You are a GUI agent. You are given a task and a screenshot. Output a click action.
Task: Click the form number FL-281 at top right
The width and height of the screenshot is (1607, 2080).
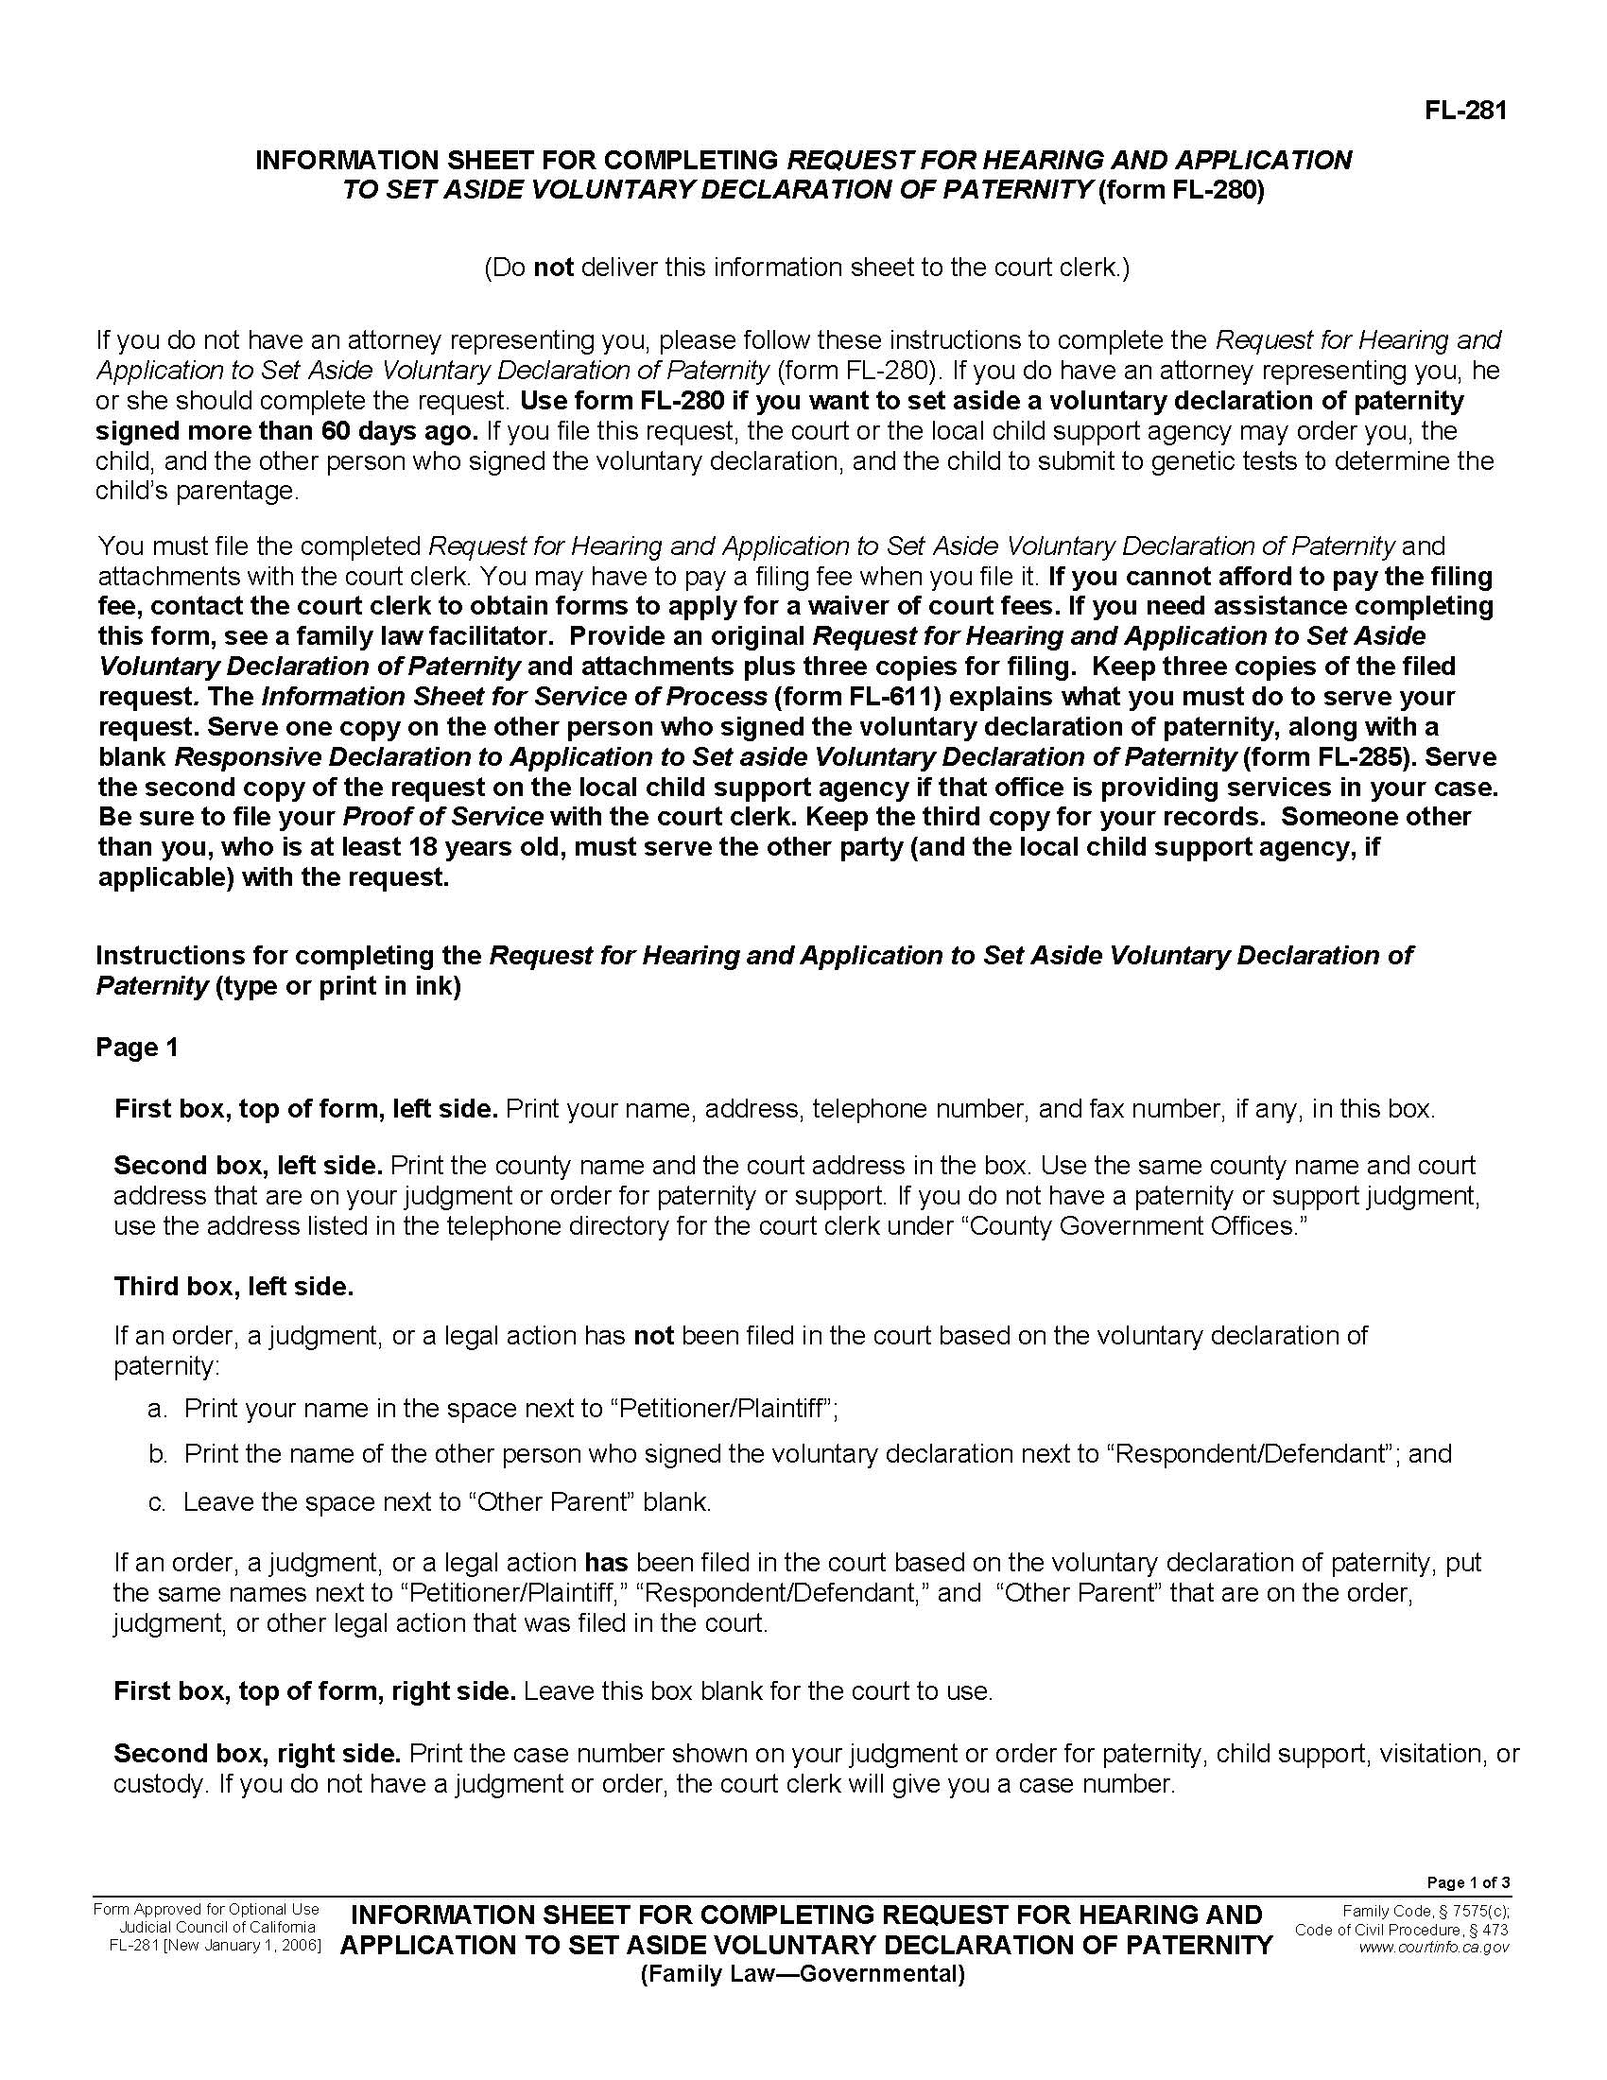[1466, 112]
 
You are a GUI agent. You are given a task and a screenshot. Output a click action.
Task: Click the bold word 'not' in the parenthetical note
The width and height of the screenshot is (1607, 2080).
[553, 268]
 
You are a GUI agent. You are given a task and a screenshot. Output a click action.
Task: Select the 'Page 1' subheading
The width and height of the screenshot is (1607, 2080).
[137, 1048]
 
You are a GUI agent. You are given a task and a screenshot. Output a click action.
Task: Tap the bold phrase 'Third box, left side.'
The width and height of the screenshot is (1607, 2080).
[233, 1287]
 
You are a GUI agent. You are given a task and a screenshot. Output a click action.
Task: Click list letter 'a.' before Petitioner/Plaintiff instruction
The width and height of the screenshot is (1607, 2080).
[158, 1409]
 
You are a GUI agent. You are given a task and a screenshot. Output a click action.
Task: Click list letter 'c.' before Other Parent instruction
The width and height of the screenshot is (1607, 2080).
[158, 1502]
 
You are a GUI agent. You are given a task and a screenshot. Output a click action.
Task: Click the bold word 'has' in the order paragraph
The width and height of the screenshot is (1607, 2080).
[606, 1562]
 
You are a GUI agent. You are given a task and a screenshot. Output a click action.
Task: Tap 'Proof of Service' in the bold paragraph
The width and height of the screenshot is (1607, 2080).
[442, 817]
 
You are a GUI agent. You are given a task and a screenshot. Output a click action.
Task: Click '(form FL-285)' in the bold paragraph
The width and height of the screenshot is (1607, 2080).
[1330, 757]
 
